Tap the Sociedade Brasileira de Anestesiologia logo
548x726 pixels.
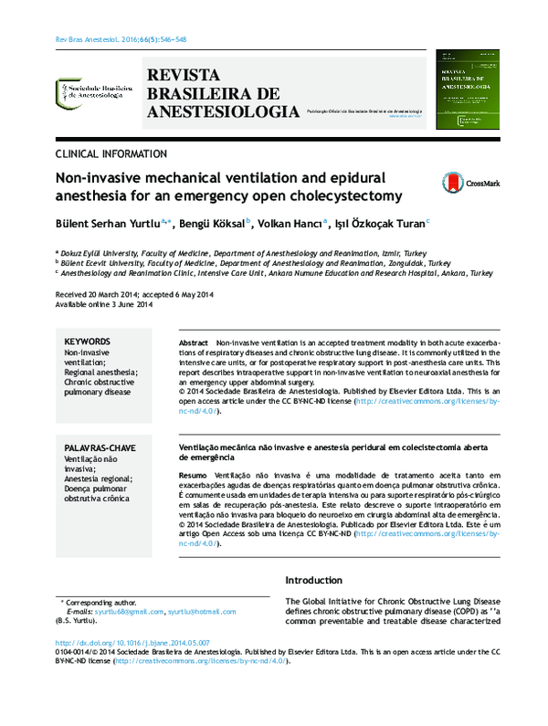pos(90,89)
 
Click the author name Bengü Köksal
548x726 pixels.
pos(212,223)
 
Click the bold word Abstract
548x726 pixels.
pos(195,341)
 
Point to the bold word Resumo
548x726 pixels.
pos(193,477)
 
